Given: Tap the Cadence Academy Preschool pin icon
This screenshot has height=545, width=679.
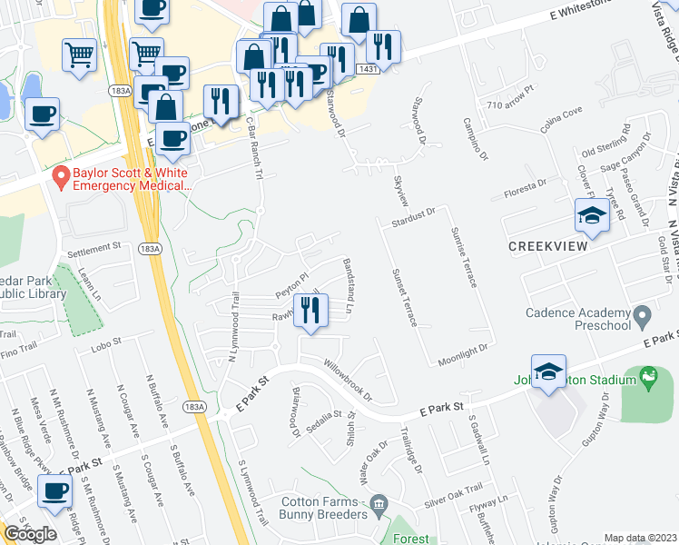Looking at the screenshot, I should click(x=643, y=318).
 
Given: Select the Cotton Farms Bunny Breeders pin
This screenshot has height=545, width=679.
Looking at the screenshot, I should click(x=380, y=502).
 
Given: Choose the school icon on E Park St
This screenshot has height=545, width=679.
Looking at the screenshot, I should click(x=548, y=372).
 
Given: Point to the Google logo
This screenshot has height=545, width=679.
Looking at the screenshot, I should click(x=30, y=533).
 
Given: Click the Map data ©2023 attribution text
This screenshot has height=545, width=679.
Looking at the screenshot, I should click(x=641, y=538).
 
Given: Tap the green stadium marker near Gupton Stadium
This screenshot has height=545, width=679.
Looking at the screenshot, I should click(x=648, y=374).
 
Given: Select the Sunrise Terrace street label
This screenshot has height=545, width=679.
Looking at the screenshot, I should click(x=463, y=258).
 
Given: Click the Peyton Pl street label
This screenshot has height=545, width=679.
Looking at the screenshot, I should click(x=293, y=284).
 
